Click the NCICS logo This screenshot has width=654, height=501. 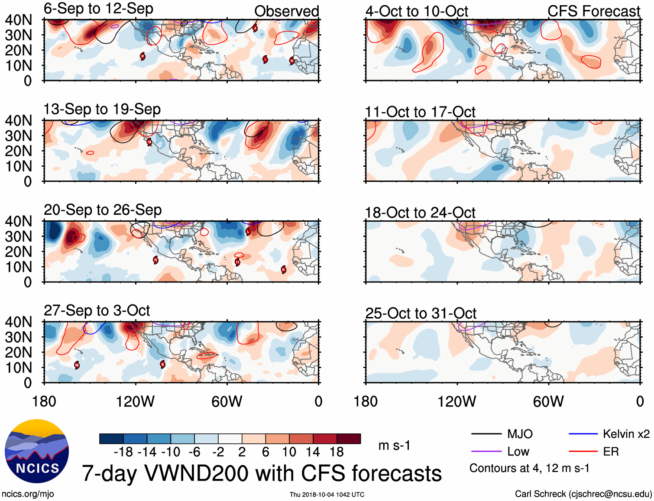(37, 451)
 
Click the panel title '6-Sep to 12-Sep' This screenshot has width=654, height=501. (98, 9)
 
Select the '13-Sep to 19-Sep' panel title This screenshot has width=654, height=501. (102, 109)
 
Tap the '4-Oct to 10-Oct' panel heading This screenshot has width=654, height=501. (417, 12)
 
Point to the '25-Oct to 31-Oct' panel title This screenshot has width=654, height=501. (421, 313)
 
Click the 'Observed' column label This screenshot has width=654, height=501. (286, 12)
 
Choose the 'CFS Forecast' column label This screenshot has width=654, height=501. (593, 12)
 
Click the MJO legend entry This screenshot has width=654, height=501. (520, 434)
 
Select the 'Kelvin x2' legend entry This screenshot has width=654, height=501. (626, 434)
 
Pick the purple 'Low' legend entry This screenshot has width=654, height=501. (518, 452)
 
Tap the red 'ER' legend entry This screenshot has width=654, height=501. (611, 452)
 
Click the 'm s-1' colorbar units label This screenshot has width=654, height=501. (394, 445)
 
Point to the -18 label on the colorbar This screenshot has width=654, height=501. (123, 452)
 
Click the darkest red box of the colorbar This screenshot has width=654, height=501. (349, 439)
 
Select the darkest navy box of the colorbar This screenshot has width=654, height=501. (111, 439)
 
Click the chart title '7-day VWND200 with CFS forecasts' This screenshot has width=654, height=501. (262, 473)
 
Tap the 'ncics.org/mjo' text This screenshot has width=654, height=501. (28, 494)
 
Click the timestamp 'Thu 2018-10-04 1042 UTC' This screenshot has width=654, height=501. (327, 495)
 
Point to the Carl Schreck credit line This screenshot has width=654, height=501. (583, 494)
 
